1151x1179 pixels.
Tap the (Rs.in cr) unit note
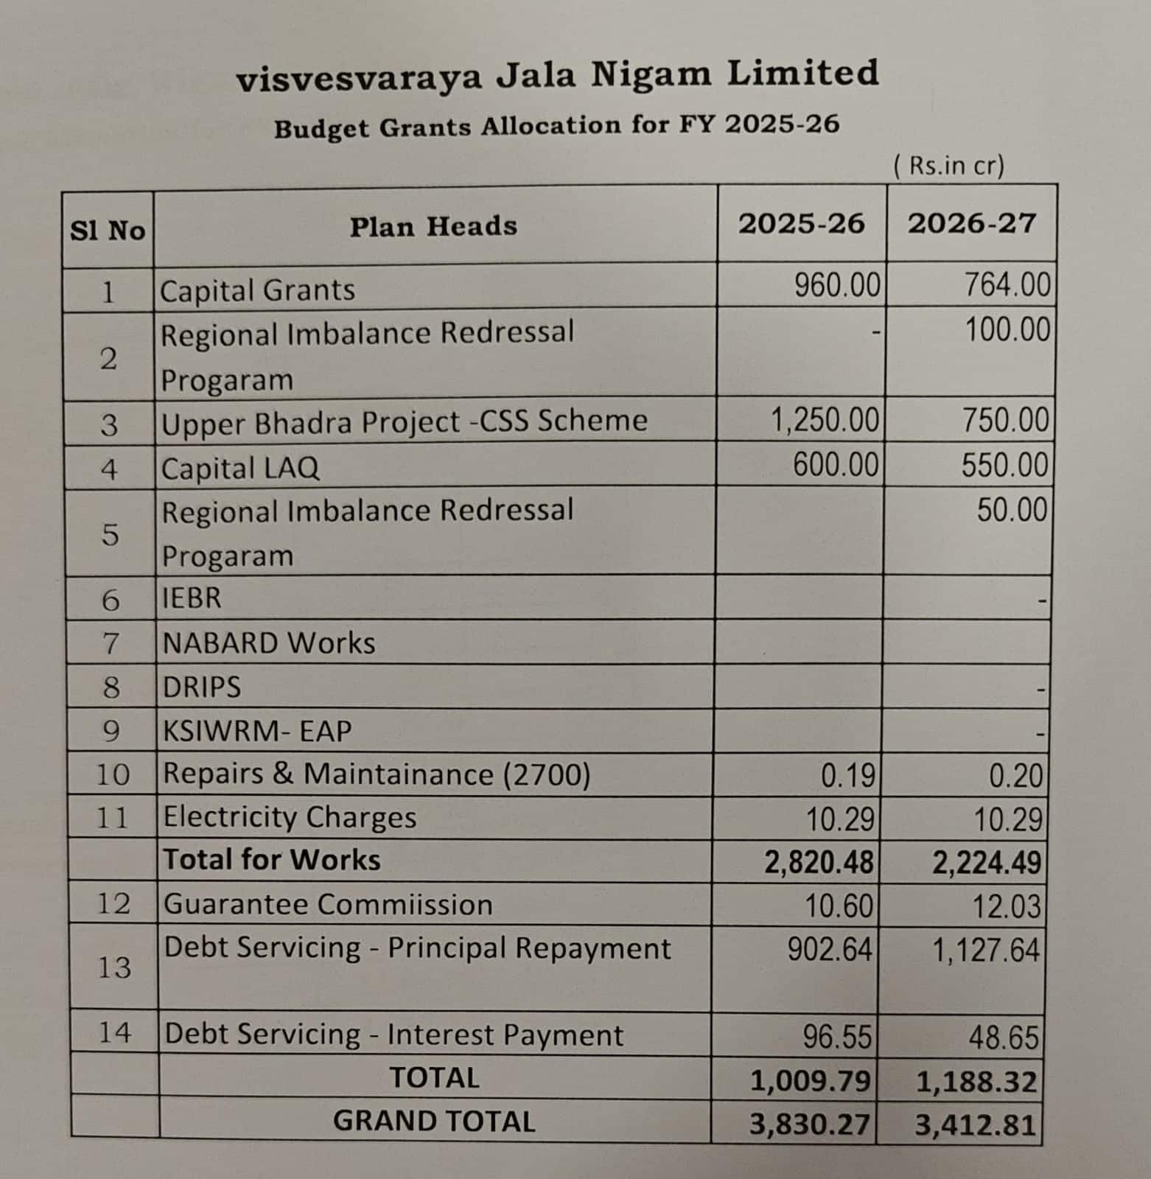tap(948, 166)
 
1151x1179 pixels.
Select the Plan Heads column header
tap(433, 226)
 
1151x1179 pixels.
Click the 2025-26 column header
tap(801, 223)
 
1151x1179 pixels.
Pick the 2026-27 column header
tap(971, 223)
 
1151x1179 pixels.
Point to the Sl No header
tap(108, 231)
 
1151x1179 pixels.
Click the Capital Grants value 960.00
tap(837, 285)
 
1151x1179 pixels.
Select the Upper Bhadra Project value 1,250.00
tap(825, 420)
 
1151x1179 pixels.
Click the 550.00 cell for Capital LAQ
tap(1004, 466)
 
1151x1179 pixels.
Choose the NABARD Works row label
tap(269, 643)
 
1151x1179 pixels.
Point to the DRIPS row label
tap(202, 687)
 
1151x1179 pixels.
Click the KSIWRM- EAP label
tap(257, 731)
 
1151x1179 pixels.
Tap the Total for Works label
tap(272, 860)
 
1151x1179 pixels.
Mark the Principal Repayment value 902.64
tap(830, 950)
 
